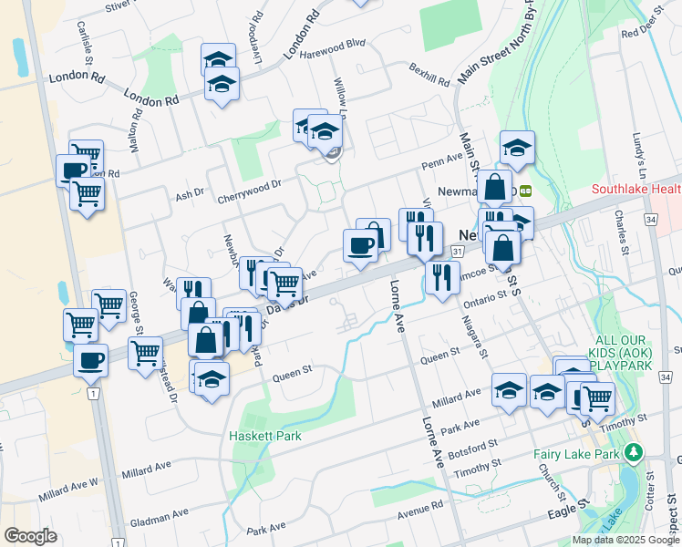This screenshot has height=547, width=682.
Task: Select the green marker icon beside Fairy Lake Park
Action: pyautogui.click(x=632, y=452)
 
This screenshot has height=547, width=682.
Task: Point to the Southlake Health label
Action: pyautogui.click(x=636, y=190)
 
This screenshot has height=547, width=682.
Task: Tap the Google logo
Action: pyautogui.click(x=30, y=536)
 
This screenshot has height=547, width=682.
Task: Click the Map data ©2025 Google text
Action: pyautogui.click(x=625, y=540)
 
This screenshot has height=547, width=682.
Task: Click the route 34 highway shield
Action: pyautogui.click(x=649, y=220)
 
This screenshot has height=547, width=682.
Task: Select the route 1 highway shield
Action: pyautogui.click(x=93, y=393)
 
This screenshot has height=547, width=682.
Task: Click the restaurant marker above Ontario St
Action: pyautogui.click(x=441, y=277)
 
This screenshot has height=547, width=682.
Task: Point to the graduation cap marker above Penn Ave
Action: pyautogui.click(x=517, y=147)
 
